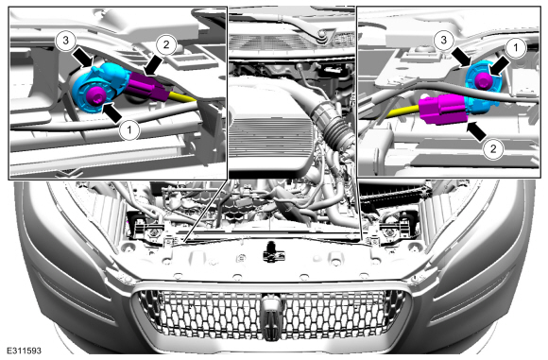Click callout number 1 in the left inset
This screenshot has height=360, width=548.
(129, 130)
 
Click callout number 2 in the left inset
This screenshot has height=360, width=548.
(166, 44)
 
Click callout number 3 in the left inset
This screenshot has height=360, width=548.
(66, 41)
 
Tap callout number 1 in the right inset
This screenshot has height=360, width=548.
(516, 47)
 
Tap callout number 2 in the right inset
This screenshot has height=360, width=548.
(493, 149)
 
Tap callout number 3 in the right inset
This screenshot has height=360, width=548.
(444, 40)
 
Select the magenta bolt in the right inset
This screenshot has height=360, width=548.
(484, 80)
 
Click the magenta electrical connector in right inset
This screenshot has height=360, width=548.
(442, 109)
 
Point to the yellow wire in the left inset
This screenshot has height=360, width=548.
(182, 98)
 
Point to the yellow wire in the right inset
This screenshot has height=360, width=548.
(403, 111)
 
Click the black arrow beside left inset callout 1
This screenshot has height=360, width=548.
(112, 112)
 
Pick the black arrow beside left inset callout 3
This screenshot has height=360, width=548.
(83, 57)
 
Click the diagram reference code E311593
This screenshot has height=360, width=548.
(24, 351)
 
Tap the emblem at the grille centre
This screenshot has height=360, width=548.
(273, 317)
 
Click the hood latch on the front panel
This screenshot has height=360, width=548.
(273, 252)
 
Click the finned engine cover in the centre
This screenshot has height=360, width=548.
(271, 140)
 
